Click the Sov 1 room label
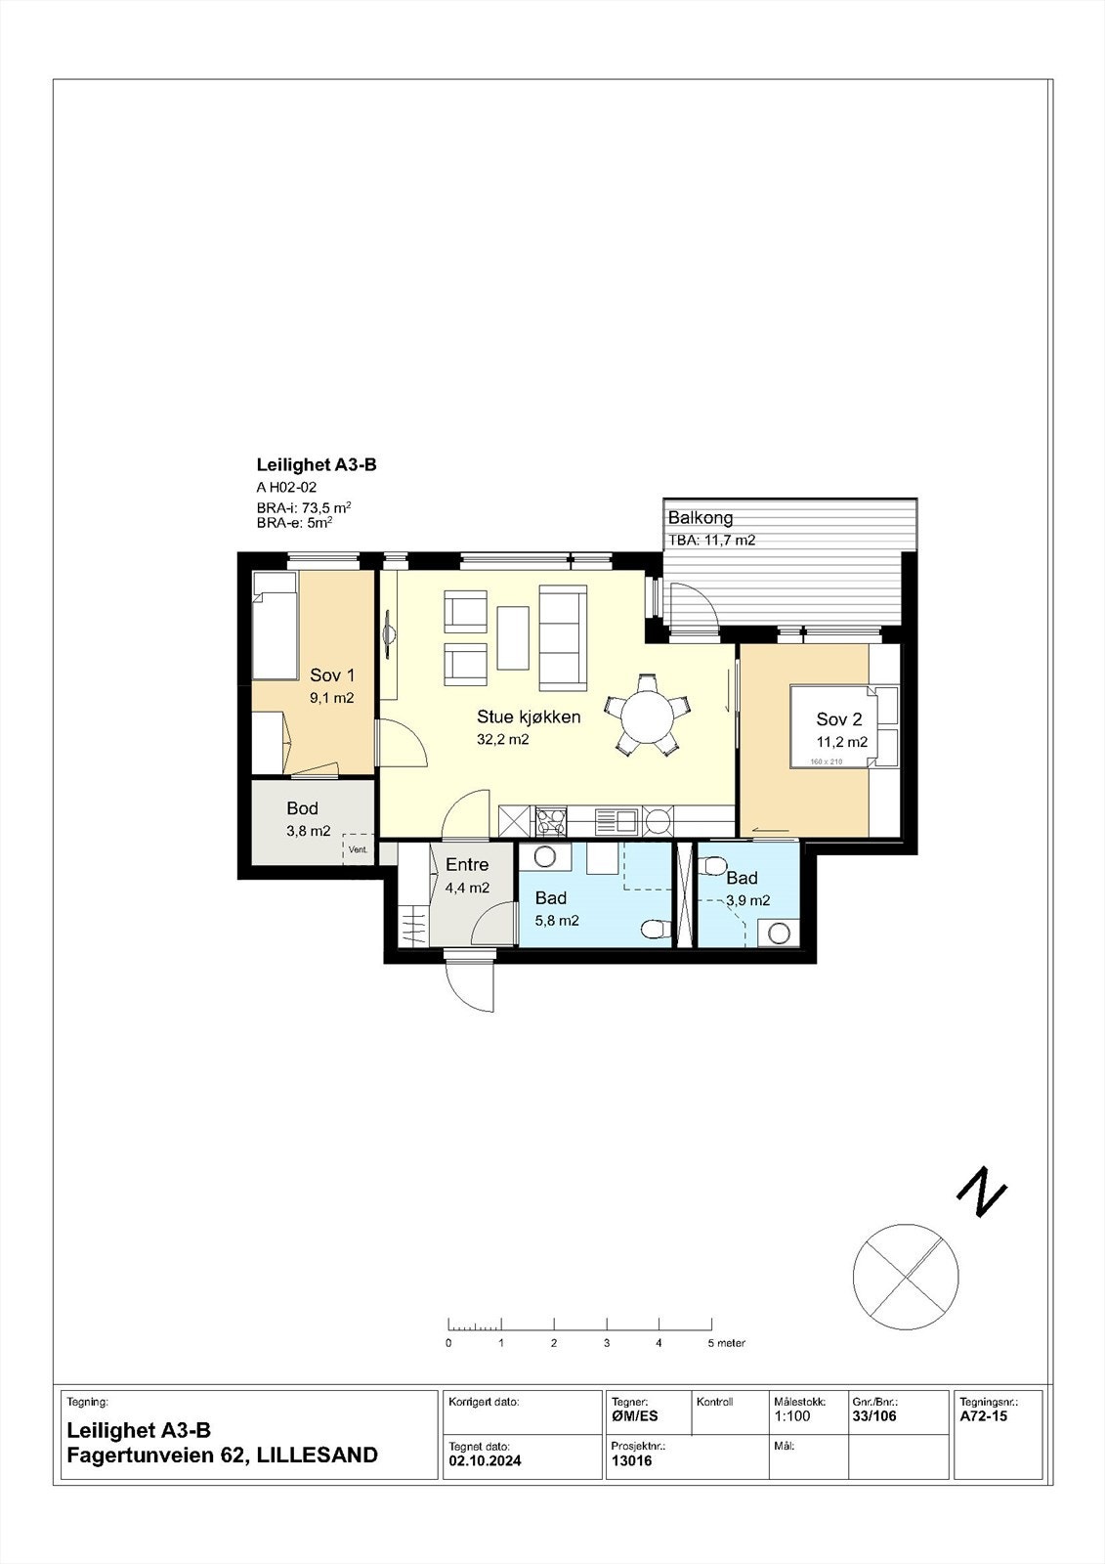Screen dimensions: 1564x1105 click(332, 675)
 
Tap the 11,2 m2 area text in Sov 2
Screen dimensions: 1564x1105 click(842, 742)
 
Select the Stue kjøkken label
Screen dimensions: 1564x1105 click(529, 717)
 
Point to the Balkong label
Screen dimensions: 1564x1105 click(700, 518)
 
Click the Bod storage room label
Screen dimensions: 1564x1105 click(302, 808)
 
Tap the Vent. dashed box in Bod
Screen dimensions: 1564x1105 click(358, 849)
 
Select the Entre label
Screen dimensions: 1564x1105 click(466, 865)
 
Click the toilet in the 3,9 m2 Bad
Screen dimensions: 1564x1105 click(713, 866)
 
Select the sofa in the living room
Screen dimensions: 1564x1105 click(564, 636)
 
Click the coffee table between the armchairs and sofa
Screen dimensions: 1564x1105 click(513, 637)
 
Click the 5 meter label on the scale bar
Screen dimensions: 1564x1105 click(726, 1343)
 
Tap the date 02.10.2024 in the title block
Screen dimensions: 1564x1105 click(485, 1461)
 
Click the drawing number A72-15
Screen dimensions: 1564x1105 click(983, 1415)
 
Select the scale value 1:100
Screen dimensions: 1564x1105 click(791, 1415)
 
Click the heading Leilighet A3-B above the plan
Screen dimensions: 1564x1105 click(316, 465)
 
